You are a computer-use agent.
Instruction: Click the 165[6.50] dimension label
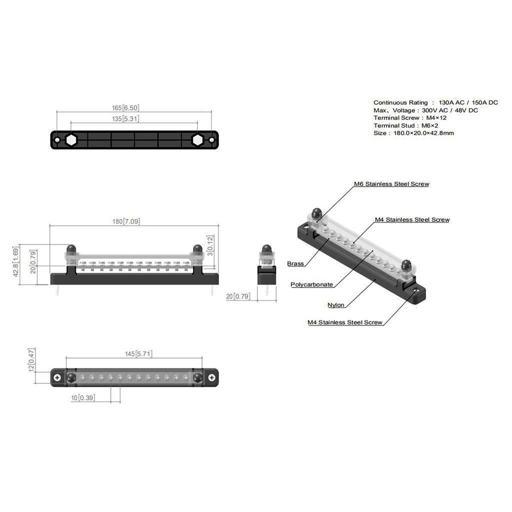click(x=125, y=107)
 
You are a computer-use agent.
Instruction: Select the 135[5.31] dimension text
click(x=125, y=119)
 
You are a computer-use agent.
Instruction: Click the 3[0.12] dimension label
click(x=210, y=245)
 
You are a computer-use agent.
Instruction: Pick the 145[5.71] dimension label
click(x=138, y=354)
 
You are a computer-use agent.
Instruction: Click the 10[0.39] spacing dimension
click(x=83, y=397)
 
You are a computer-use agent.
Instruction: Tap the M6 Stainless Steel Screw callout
click(x=391, y=184)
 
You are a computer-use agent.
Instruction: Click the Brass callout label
click(x=295, y=263)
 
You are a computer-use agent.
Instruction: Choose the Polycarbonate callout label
click(x=312, y=284)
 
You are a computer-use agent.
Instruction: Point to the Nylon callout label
click(x=336, y=305)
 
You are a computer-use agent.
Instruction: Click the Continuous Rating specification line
click(x=435, y=102)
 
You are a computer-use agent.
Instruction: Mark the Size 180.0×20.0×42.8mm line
click(x=413, y=133)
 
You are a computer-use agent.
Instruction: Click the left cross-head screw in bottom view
click(x=58, y=377)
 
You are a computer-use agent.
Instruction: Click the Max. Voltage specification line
click(x=425, y=110)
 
